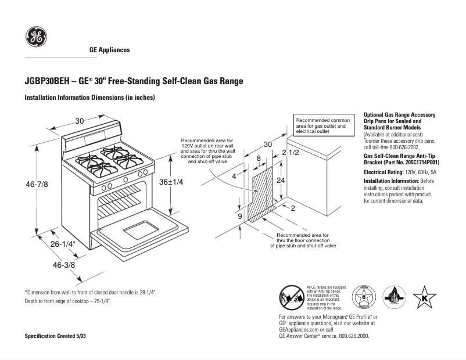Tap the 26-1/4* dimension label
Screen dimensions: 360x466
(x=63, y=244)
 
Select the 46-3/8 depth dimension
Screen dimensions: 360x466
(x=64, y=265)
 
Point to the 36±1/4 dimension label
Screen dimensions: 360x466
(x=171, y=182)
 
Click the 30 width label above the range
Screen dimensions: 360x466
(x=80, y=121)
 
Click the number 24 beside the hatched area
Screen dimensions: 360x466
(x=281, y=181)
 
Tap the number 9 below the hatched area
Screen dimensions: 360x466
(x=240, y=217)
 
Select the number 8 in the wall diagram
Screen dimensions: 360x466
(x=259, y=158)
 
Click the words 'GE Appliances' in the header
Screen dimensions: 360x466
(x=109, y=50)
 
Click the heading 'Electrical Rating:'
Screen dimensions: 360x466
(x=383, y=172)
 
